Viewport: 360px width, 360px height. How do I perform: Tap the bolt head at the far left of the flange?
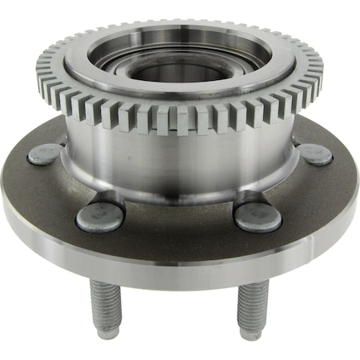pos(45,154)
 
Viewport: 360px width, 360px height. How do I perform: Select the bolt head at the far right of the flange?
pos(316,154)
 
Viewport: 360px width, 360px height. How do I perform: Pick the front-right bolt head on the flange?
pos(258,216)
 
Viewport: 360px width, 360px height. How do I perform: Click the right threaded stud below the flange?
pos(251,308)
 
